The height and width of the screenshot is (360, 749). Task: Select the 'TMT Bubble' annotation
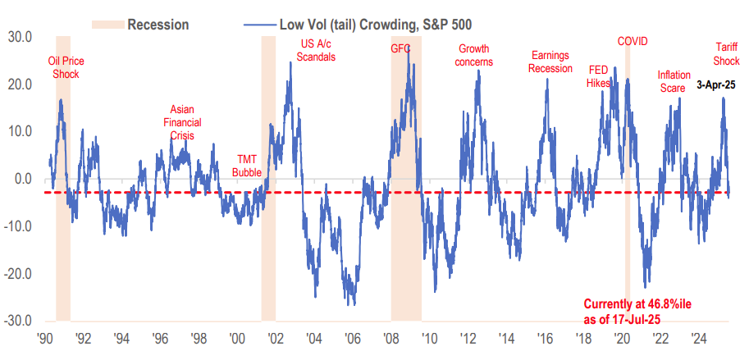pos(246,166)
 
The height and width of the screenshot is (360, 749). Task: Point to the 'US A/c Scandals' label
pos(317,49)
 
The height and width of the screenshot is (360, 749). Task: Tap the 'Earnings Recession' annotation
pos(550,62)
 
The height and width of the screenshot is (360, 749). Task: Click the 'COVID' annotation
pos(633,41)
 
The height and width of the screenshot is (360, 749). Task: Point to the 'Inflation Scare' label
pos(674,80)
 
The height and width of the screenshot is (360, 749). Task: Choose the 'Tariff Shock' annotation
pos(725,55)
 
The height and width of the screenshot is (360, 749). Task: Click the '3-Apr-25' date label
pos(715,84)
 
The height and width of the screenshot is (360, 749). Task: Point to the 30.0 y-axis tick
pos(19,37)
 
